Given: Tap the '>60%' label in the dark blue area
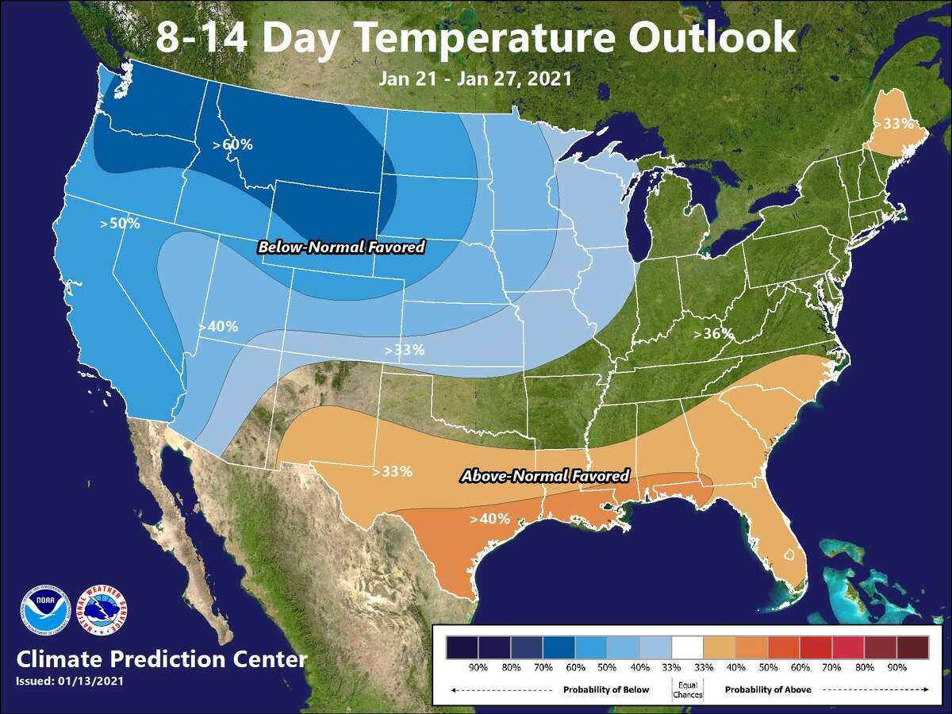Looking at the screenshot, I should tap(232, 144).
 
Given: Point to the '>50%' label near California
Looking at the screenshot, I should tap(120, 224).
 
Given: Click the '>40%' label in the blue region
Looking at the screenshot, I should tap(218, 326).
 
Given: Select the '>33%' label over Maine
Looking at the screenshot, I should tap(892, 124).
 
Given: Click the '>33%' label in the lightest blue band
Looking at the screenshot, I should tap(405, 349).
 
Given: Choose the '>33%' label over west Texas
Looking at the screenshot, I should tap(392, 471).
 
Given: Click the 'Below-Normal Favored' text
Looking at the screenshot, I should tap(341, 248).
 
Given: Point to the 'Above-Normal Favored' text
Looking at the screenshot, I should tap(545, 476).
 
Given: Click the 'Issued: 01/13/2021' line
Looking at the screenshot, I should tap(69, 681).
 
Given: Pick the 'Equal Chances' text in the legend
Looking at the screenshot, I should tap(688, 689).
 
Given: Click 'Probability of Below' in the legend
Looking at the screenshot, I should tap(606, 689).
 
